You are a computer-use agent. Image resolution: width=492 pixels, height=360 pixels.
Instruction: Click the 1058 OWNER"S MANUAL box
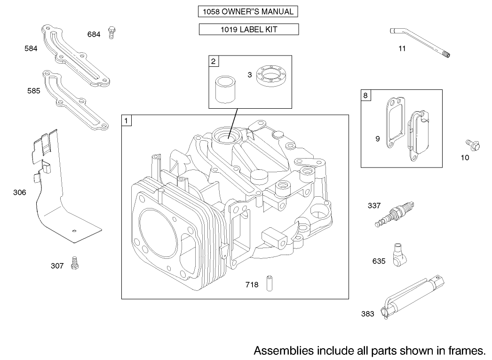coord(248,12)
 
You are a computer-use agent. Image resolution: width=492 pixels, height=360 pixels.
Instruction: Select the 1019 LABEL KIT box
coord(248,30)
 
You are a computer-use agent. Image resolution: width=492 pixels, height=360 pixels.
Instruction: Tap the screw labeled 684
coord(111,32)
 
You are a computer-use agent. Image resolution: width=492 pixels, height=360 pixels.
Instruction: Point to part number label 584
coord(31,48)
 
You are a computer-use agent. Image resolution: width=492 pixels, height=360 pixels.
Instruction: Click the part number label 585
coord(33,91)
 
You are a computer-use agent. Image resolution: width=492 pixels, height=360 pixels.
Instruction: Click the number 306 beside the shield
coord(20,192)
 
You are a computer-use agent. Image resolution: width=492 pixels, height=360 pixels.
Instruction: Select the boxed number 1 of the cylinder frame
coord(127,120)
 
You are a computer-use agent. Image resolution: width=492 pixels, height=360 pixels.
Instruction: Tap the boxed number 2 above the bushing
coord(214,61)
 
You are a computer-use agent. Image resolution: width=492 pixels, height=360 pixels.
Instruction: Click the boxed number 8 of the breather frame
coord(365,95)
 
